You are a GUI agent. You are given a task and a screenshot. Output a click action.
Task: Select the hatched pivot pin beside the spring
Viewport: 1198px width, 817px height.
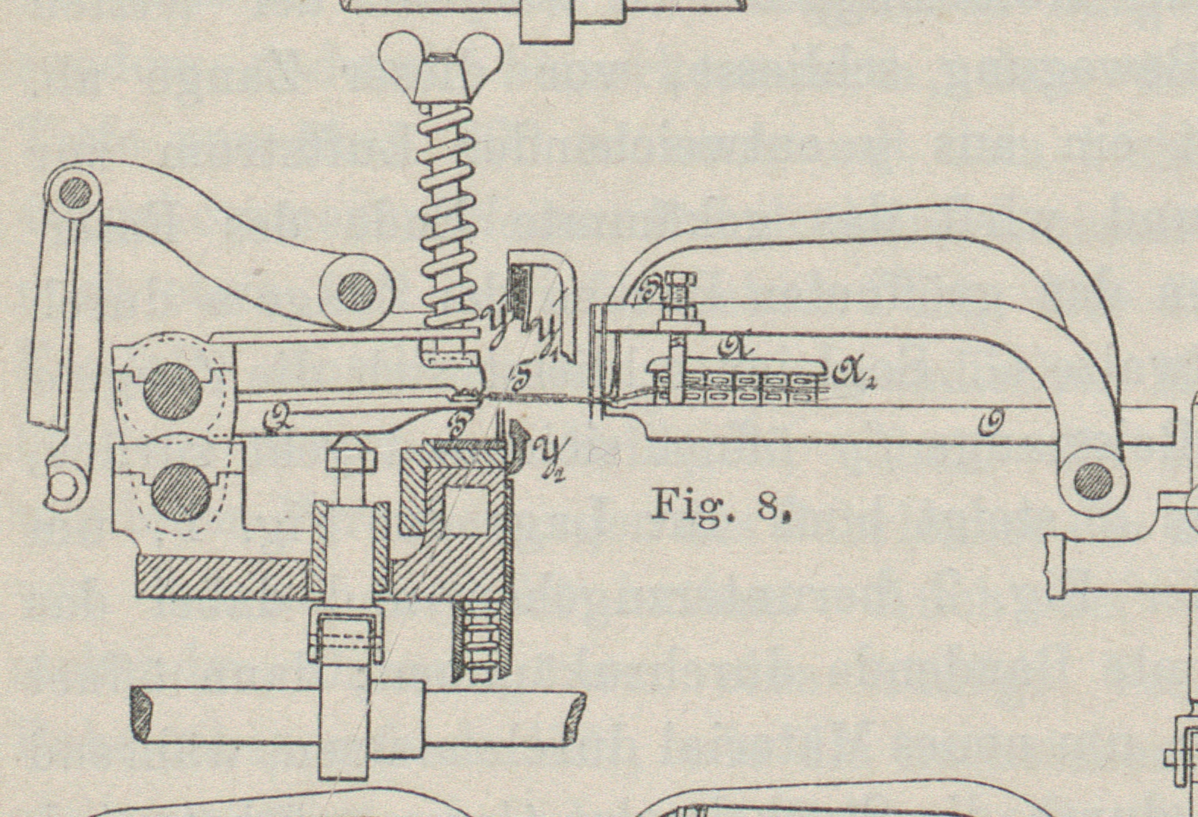coord(357,291)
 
